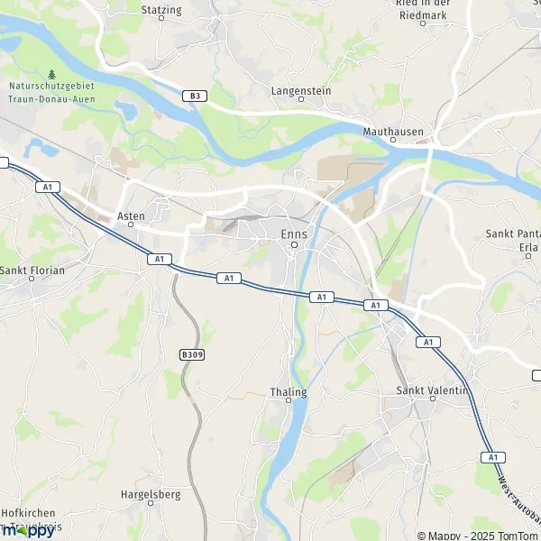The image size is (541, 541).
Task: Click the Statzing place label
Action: [x=161, y=10]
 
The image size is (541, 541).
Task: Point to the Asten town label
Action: [x=131, y=216]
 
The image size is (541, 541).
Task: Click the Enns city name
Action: [x=294, y=234]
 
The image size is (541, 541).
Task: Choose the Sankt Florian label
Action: [x=30, y=268]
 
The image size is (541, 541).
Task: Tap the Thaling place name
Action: [x=289, y=392]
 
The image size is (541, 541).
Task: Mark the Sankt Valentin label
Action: [x=433, y=390]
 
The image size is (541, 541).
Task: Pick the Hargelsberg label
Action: [x=151, y=494]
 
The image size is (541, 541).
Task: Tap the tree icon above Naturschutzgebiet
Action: [x=51, y=75]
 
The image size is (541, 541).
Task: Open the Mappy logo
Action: [x=28, y=530]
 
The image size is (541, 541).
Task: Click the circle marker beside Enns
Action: [x=294, y=249]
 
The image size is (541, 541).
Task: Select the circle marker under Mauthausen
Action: [x=431, y=141]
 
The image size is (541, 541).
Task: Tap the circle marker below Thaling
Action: [x=289, y=403]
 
